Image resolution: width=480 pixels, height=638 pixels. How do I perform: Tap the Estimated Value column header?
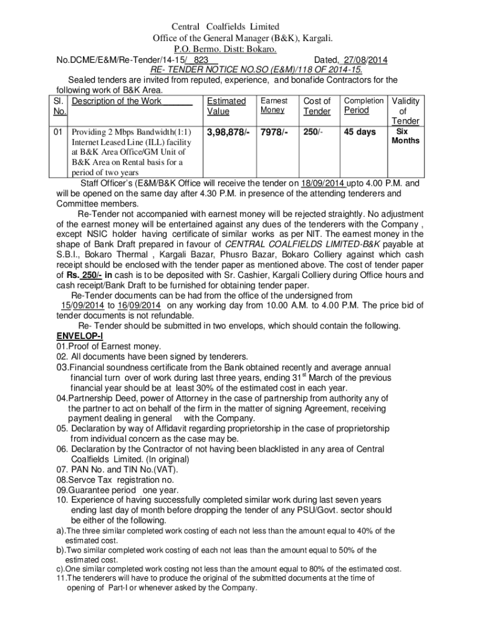click(x=226, y=106)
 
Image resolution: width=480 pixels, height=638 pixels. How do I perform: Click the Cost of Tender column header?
click(x=317, y=106)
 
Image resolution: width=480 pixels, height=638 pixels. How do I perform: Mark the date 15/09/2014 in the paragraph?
click(x=83, y=305)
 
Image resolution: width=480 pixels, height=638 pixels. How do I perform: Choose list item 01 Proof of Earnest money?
click(x=108, y=346)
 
